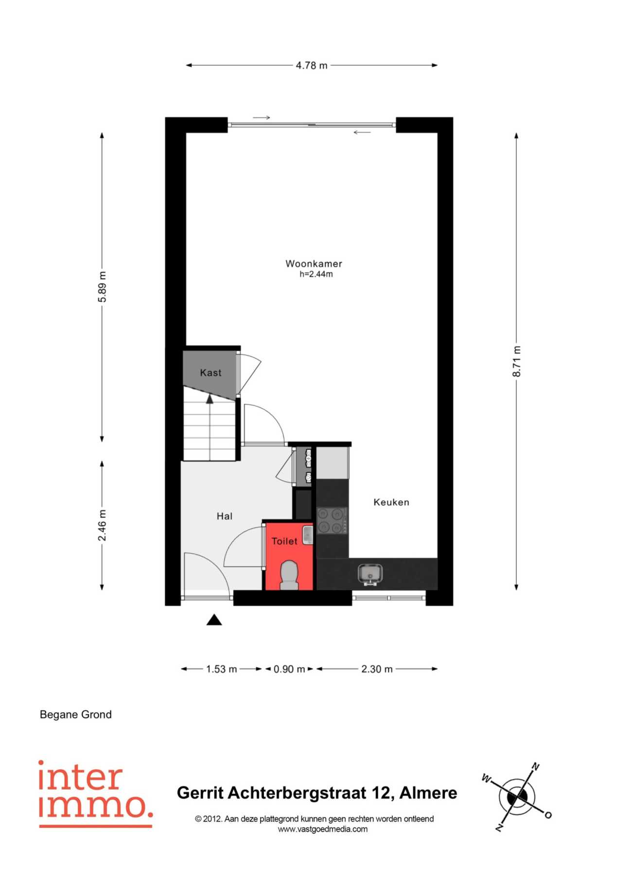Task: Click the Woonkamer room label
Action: (x=314, y=264)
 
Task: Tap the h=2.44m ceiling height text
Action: (x=316, y=274)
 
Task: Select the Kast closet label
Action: (x=211, y=373)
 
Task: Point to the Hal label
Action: (x=225, y=516)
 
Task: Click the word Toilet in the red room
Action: (x=284, y=541)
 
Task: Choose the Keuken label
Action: (x=391, y=502)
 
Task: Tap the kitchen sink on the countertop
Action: (x=370, y=574)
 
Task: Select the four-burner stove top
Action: (x=332, y=520)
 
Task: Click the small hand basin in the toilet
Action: (x=308, y=534)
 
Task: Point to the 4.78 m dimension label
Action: (x=312, y=65)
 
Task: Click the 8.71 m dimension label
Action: (x=516, y=361)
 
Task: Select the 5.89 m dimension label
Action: (x=102, y=287)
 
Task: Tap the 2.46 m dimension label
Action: (x=102, y=525)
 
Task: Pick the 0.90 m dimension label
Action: (x=289, y=669)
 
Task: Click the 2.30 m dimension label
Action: (x=377, y=669)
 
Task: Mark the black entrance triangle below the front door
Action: (x=214, y=620)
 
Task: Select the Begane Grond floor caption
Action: (x=76, y=715)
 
